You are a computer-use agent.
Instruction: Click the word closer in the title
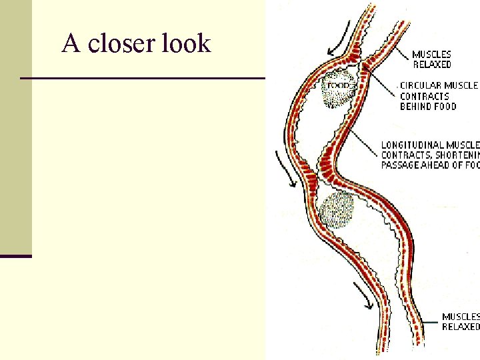point(122,44)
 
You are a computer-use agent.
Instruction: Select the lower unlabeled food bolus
point(336,210)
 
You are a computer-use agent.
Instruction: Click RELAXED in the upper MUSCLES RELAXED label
point(431,65)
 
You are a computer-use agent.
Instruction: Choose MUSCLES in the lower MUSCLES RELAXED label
point(461,317)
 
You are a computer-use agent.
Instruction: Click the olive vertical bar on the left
point(15,127)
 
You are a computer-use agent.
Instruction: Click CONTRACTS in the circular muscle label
point(425,96)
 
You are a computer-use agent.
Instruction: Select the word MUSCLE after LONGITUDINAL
point(463,145)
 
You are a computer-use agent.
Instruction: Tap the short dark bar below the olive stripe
point(15,256)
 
